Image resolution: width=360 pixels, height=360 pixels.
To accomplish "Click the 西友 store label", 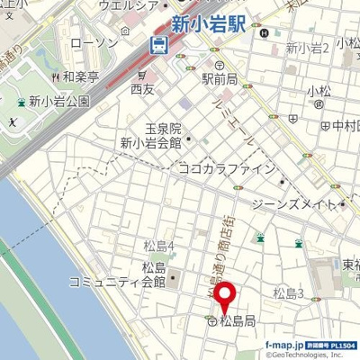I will coord(142,89).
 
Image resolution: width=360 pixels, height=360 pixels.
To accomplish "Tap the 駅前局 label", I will coord(219,79).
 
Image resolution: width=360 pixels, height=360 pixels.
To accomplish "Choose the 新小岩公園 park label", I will coord(59,102).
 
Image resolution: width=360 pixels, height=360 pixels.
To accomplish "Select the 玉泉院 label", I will coord(163,130).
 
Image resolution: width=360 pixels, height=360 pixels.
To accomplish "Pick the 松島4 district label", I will coord(158,246).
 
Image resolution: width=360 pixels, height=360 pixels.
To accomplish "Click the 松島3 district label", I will coord(289,292).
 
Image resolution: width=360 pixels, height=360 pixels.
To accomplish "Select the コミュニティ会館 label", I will coord(117,282).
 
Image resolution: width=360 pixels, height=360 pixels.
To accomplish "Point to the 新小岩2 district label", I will coord(307,48).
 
